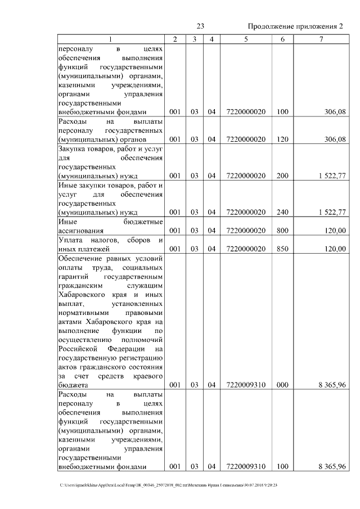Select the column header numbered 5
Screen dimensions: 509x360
pyautogui.click(x=246, y=39)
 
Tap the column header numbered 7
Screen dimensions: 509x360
pyautogui.click(x=321, y=39)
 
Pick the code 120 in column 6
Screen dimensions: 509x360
pyautogui.click(x=282, y=138)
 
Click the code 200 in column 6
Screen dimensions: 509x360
pyautogui.click(x=282, y=176)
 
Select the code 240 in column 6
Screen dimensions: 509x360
pyautogui.click(x=282, y=213)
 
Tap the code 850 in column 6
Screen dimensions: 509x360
pyautogui.click(x=282, y=249)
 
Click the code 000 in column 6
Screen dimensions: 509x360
pyautogui.click(x=282, y=385)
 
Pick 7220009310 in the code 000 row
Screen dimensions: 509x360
pyautogui.click(x=246, y=385)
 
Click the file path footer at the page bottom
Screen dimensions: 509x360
pyautogui.click(x=169, y=485)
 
